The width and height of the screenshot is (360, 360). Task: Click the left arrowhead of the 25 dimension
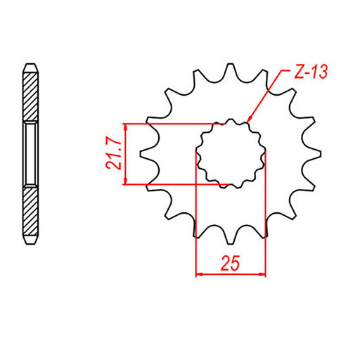pos(198,273)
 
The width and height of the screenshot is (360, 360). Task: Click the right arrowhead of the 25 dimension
pos(262,273)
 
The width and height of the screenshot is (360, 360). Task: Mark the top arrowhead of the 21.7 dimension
pos(126,127)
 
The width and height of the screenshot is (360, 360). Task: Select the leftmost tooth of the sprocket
pos(145,154)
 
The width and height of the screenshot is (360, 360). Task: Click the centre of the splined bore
pos(231,154)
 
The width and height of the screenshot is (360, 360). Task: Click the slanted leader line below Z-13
pos(267,95)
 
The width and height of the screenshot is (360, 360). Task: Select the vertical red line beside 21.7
pos(126,154)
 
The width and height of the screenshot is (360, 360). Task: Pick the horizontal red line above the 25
pos(231,273)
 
